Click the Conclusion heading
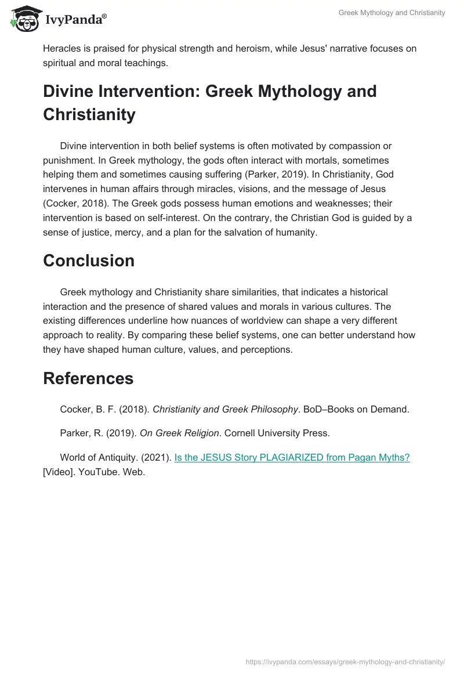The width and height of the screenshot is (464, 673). point(89,261)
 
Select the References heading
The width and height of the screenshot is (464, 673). point(88,379)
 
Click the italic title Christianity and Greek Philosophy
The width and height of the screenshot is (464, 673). point(225,410)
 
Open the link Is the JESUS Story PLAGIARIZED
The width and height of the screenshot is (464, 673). point(292,458)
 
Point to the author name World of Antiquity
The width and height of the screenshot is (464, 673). point(96,458)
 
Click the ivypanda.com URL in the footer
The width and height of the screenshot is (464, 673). point(345,661)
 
